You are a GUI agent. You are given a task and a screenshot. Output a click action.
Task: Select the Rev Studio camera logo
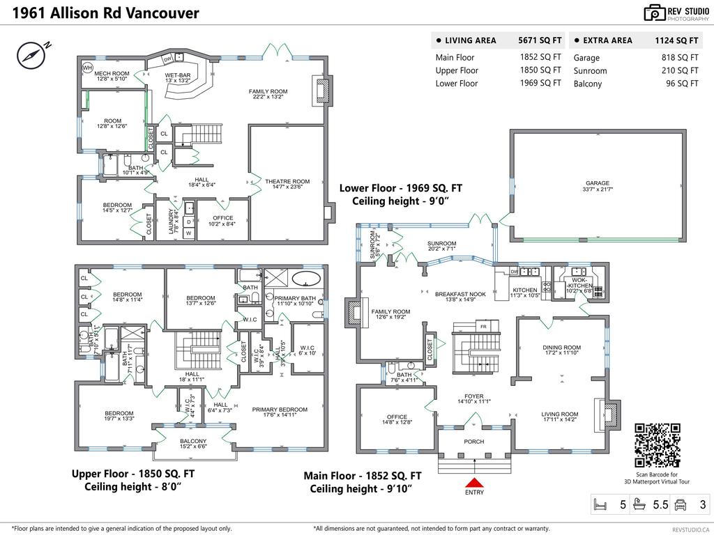click(655, 12)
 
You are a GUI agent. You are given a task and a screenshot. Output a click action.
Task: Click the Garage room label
click(598, 183)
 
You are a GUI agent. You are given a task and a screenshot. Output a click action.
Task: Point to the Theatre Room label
click(287, 182)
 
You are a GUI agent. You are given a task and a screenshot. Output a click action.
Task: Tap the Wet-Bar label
click(178, 75)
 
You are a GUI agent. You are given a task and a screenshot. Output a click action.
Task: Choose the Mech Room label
click(112, 73)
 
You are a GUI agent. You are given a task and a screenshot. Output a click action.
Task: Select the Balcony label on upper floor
click(193, 441)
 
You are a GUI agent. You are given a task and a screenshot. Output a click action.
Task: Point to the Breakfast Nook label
click(455, 294)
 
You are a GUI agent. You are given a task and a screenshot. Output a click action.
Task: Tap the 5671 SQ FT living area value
click(539, 40)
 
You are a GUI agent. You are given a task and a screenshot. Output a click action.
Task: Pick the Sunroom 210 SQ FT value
click(680, 70)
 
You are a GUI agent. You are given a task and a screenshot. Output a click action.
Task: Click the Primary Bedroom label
click(280, 410)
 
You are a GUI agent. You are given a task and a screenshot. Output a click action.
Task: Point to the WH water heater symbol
click(88, 68)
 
